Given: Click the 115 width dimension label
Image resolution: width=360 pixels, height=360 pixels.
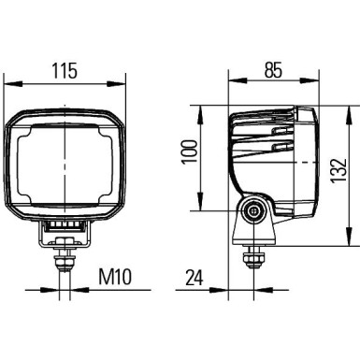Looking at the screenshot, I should coord(65,71).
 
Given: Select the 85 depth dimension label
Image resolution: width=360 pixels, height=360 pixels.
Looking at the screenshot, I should coord(274,70).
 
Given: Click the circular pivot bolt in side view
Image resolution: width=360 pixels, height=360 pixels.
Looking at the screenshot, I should coord(252,213).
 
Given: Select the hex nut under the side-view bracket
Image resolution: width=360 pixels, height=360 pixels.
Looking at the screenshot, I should coord(252,253).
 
